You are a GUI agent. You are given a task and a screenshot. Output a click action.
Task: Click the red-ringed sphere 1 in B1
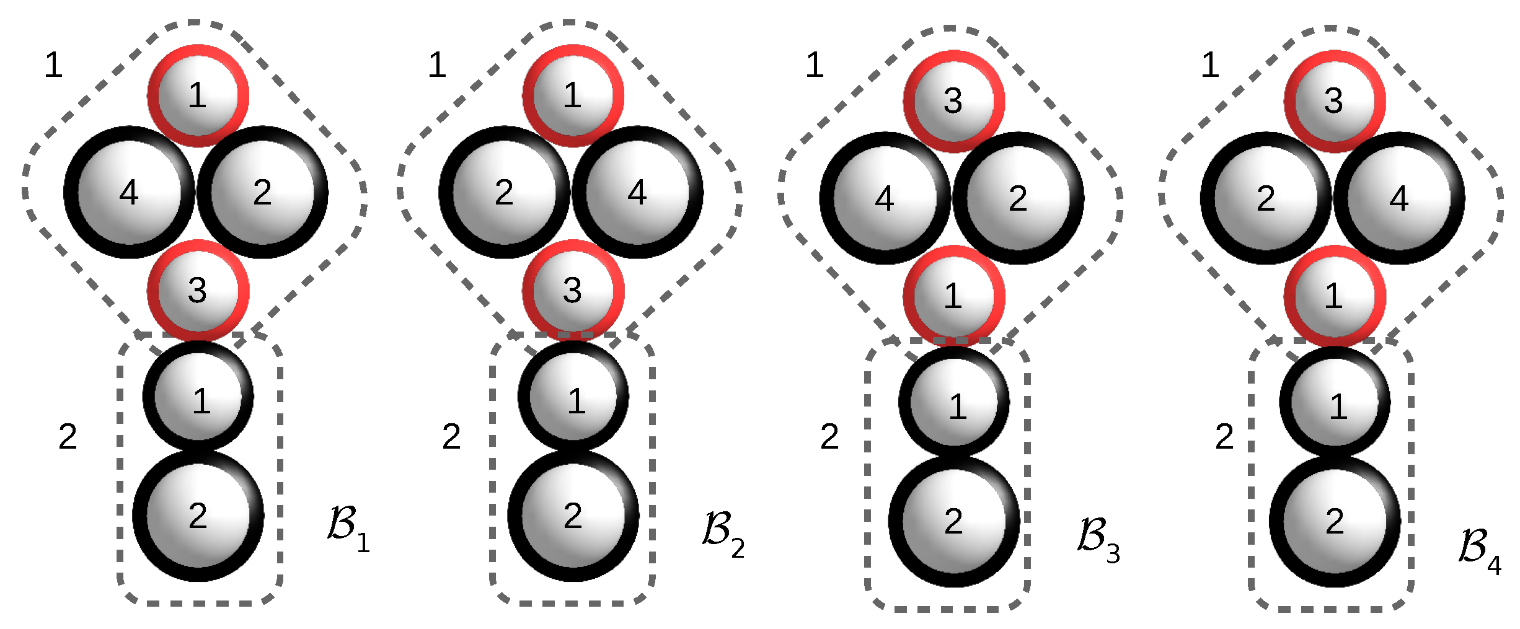pyautogui.click(x=198, y=95)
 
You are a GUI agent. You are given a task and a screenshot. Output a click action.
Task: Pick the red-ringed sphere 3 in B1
pyautogui.click(x=198, y=290)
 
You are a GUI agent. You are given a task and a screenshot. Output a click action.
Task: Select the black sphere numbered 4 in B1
pyautogui.click(x=129, y=192)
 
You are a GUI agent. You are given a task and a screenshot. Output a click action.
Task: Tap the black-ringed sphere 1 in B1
pyautogui.click(x=198, y=397)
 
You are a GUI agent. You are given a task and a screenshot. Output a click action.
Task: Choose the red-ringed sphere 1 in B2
pyautogui.click(x=573, y=95)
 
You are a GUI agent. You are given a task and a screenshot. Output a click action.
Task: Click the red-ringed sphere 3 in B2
pyautogui.click(x=573, y=290)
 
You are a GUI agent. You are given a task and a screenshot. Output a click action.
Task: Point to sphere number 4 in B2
pyautogui.click(x=637, y=192)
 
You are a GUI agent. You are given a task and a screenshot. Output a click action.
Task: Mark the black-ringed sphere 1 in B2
pyautogui.click(x=573, y=397)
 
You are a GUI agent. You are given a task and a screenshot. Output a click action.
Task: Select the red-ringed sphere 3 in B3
pyautogui.click(x=953, y=101)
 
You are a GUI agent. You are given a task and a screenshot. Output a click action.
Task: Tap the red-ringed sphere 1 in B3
pyautogui.click(x=953, y=296)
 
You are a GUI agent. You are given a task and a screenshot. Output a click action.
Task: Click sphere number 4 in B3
pyautogui.click(x=885, y=198)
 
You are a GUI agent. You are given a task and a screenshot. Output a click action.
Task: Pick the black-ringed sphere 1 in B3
pyautogui.click(x=955, y=403)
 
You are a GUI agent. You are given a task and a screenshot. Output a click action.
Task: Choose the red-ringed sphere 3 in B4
pyautogui.click(x=1334, y=101)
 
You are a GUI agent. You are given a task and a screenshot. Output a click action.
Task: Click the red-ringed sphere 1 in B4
pyautogui.click(x=1334, y=296)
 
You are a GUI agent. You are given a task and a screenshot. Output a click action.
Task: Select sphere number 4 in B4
pyautogui.click(x=1399, y=198)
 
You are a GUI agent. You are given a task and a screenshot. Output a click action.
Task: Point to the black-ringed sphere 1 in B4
pyautogui.click(x=1335, y=403)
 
